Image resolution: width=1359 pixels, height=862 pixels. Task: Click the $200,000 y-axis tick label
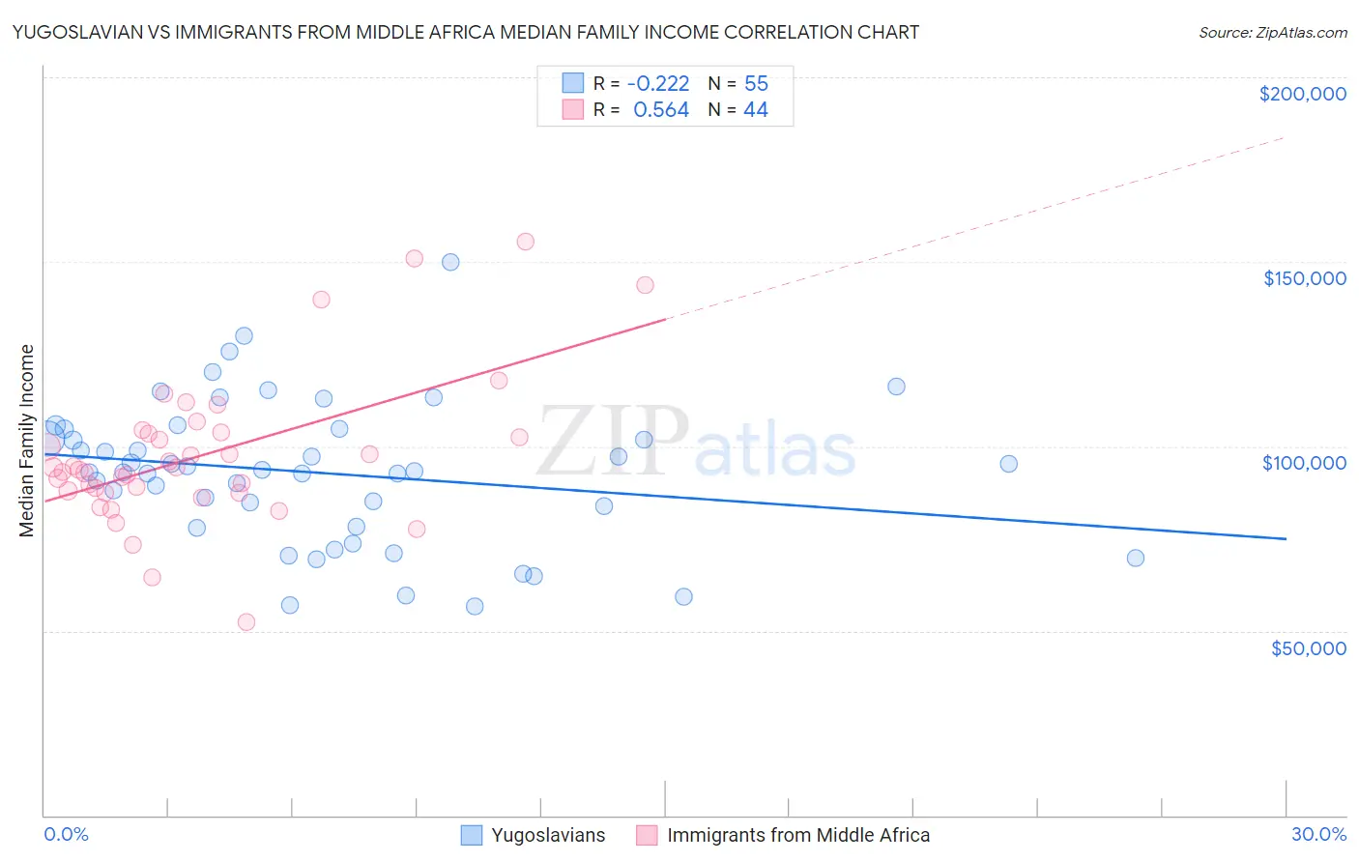coord(1302,94)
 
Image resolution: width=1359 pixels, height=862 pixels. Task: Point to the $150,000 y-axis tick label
coord(1304,278)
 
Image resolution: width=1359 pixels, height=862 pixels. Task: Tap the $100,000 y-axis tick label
coord(1304,463)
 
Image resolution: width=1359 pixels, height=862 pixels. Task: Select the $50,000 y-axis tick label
coord(1308,647)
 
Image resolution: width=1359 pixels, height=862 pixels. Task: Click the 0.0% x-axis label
coord(66,834)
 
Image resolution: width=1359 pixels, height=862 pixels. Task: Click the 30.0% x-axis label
coord(1318,834)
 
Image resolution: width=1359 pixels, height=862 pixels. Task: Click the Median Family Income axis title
coord(27,441)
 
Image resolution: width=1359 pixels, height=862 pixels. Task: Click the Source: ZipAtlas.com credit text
coord(1272,32)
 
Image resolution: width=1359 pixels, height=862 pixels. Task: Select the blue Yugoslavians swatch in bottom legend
coord(472,835)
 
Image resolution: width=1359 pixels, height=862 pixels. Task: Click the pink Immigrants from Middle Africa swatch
coord(647,835)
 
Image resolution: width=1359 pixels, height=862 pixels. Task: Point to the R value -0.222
coord(658,83)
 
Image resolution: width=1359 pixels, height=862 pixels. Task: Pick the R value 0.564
coord(661,110)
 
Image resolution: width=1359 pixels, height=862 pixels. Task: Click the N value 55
coord(756,83)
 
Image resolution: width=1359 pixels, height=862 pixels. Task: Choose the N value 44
coord(755,110)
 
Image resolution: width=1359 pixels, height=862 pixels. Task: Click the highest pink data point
coord(525,242)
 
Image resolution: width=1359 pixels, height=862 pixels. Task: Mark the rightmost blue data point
coord(1136,558)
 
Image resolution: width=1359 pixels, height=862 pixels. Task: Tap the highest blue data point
coord(450,262)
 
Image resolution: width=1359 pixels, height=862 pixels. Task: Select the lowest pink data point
coord(246,622)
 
